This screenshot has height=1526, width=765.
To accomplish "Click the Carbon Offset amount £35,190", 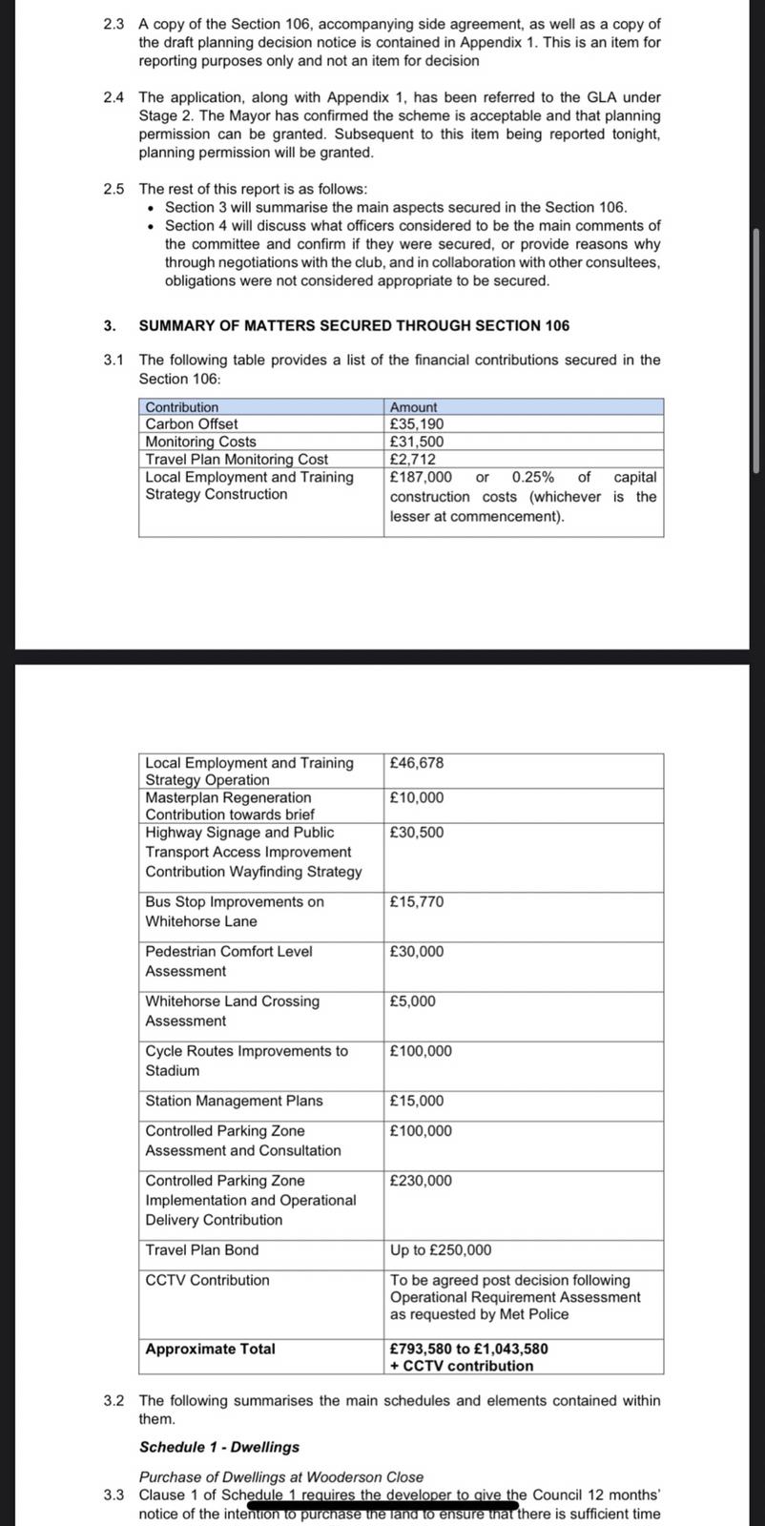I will tap(417, 423).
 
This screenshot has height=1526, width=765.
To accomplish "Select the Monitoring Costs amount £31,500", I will tap(417, 442).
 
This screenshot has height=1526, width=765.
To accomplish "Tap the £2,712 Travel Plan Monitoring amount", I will tap(413, 460).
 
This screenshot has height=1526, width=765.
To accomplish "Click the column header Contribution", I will tap(181, 407).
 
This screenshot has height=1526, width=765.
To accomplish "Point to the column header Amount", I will tap(413, 407).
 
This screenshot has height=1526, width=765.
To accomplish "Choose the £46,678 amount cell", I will tap(417, 763).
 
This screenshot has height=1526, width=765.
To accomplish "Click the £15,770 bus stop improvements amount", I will tap(417, 901).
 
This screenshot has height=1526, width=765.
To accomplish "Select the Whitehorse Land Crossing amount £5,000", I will tap(413, 1001).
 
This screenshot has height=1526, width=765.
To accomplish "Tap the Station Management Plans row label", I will tap(234, 1101).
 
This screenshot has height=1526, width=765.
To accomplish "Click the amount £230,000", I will tap(421, 1181).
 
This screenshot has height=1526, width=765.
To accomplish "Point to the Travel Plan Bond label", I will tap(202, 1249).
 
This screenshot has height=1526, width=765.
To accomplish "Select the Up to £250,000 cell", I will tap(441, 1250).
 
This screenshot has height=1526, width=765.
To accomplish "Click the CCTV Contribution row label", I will tap(207, 1280).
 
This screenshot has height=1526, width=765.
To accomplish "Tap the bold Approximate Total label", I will tap(210, 1349).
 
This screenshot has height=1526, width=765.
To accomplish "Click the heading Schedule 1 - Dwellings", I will tap(219, 1447).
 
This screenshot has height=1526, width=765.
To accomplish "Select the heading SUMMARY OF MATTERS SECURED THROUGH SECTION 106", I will tap(354, 325).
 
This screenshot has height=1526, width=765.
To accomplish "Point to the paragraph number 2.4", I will tap(114, 97).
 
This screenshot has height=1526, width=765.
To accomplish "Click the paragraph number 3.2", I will tap(114, 1401).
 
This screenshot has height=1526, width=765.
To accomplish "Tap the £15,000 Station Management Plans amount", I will tap(417, 1101).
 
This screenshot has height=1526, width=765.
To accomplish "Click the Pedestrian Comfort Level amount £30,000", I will tap(417, 951).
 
